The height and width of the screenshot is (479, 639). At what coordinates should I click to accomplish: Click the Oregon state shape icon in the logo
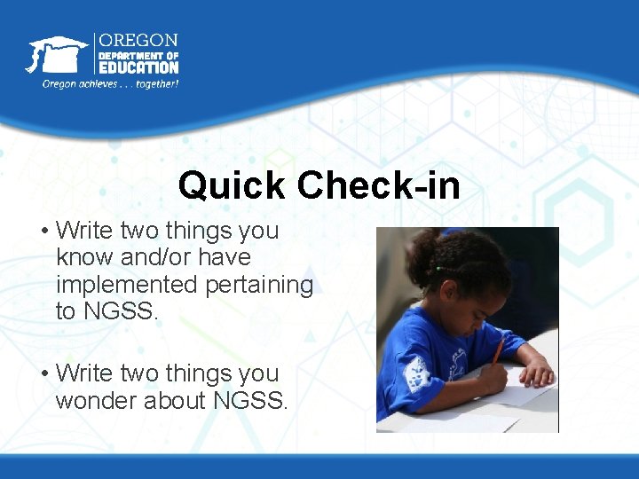click(56, 55)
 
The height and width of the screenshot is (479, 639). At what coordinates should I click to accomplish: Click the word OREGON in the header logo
click(138, 41)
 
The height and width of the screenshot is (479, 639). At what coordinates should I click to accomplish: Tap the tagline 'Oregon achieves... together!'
click(110, 83)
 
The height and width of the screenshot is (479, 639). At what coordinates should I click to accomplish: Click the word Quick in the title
click(232, 185)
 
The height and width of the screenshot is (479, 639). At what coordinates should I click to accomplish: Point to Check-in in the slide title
click(379, 185)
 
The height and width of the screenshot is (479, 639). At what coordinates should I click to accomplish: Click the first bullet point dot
click(43, 232)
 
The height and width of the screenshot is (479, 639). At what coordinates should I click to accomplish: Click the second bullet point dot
click(43, 374)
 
